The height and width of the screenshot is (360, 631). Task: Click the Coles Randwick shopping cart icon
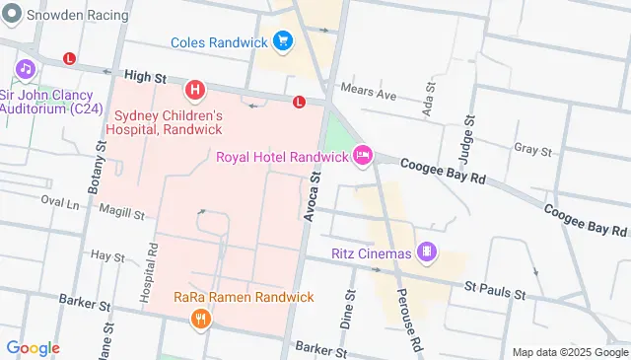coord(284,41)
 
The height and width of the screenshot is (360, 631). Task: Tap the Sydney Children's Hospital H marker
coord(196,92)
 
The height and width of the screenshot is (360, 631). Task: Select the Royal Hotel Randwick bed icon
coord(363,156)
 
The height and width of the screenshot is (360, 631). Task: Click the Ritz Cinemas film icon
coord(426,252)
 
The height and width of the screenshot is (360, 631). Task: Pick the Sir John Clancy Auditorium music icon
coord(25,69)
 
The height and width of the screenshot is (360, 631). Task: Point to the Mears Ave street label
coord(367,95)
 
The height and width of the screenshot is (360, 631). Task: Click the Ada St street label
coord(428,103)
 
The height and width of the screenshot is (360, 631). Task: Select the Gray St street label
coord(532,150)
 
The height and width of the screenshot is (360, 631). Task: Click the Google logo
coord(33,348)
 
